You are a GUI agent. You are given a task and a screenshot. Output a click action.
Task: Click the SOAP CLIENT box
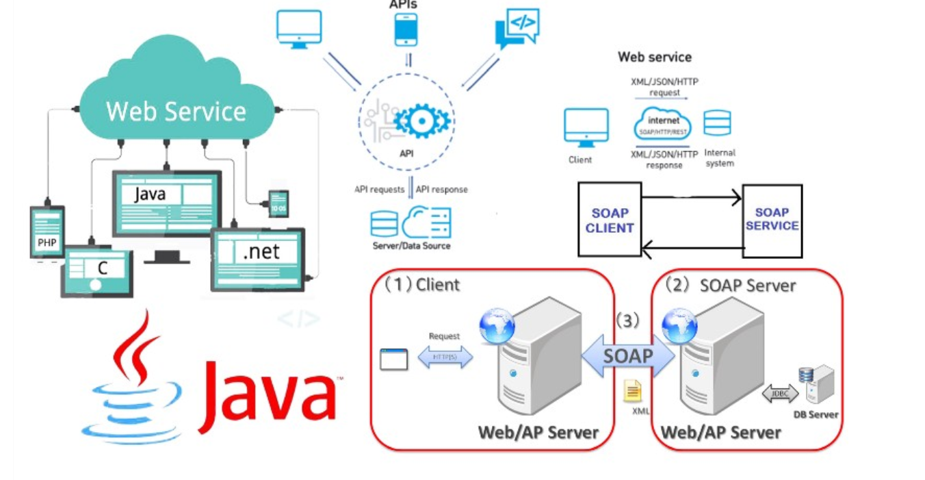point(610,219)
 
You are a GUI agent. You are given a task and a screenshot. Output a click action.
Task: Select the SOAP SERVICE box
point(772,220)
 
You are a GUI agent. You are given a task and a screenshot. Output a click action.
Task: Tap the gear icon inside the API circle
point(422,122)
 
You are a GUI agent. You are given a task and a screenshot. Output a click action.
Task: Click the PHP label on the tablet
point(47,242)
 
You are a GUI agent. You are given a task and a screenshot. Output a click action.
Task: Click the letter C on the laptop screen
point(103,268)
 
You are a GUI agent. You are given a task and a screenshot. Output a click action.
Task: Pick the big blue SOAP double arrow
point(628,356)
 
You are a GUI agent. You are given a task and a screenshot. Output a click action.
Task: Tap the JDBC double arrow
point(780,394)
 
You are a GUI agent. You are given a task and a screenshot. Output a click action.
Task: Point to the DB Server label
point(816,414)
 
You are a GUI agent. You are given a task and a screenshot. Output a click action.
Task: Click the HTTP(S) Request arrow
point(445,357)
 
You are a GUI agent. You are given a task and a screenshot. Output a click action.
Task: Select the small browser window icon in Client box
point(393,359)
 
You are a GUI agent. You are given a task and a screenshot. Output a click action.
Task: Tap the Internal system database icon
point(717,123)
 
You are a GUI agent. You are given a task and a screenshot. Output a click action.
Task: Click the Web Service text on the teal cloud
point(176,111)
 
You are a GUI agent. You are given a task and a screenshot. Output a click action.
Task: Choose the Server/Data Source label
point(411,245)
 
